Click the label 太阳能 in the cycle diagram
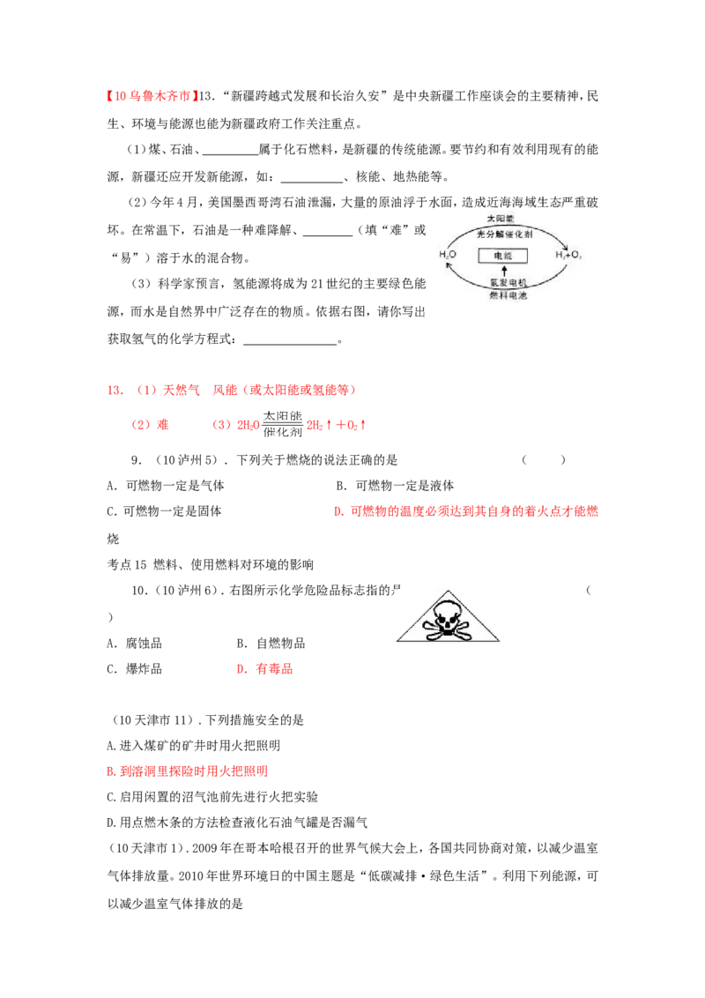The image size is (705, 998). point(500,218)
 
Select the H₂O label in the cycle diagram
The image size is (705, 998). point(448,255)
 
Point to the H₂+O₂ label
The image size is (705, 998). point(568,255)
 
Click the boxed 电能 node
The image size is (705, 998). point(502,256)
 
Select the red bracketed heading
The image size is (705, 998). point(152,95)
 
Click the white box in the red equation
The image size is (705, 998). point(282,423)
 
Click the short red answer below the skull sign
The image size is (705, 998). point(265,669)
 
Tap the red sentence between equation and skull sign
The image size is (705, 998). point(466,511)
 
